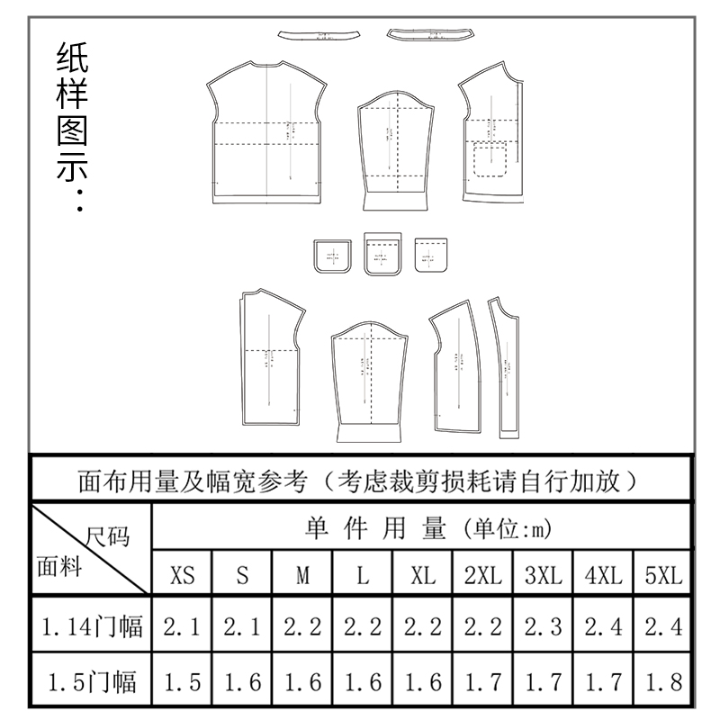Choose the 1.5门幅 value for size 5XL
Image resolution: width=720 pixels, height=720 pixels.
click(x=664, y=682)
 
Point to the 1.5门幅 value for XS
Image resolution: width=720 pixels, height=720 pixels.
click(x=183, y=682)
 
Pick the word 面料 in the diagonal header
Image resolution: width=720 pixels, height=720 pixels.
click(x=59, y=568)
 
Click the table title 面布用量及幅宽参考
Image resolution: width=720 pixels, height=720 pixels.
click(x=360, y=480)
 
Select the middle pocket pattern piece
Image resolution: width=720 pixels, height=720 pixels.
click(x=381, y=254)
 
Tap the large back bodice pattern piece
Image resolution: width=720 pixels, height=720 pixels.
click(x=266, y=130)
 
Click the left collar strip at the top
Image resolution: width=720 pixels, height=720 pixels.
click(x=319, y=35)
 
